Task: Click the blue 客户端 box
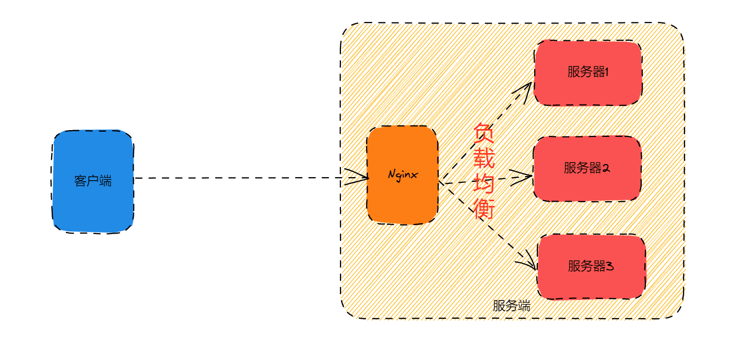click(x=93, y=182)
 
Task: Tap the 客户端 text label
click(x=93, y=181)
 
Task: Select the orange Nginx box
click(x=403, y=175)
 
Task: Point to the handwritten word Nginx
click(x=403, y=175)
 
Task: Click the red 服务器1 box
click(x=588, y=73)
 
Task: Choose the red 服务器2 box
click(x=587, y=168)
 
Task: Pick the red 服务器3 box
click(x=591, y=266)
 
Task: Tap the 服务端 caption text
click(x=511, y=306)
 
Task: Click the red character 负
click(x=484, y=133)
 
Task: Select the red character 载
click(x=484, y=158)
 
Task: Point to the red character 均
click(x=484, y=183)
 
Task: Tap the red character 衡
click(x=484, y=208)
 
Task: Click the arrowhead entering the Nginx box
click(x=357, y=177)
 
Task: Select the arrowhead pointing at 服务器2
click(x=521, y=177)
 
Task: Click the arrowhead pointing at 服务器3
click(x=527, y=260)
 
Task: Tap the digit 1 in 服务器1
click(x=607, y=72)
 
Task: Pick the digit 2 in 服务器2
click(x=606, y=168)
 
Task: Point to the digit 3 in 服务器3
click(x=610, y=266)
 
